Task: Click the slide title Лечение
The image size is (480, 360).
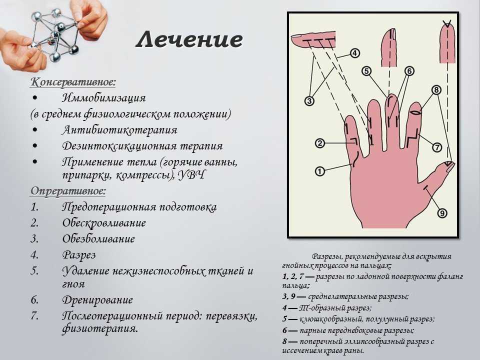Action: click(x=189, y=39)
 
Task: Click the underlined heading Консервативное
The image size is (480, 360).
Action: click(x=73, y=82)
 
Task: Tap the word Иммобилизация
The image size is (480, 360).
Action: click(x=104, y=98)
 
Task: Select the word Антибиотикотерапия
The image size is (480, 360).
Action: click(x=119, y=130)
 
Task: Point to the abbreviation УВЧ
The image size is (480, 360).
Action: click(x=191, y=175)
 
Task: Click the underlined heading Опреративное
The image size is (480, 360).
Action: click(x=68, y=191)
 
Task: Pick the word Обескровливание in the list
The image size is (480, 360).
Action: click(x=104, y=223)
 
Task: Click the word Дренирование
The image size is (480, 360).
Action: click(x=97, y=299)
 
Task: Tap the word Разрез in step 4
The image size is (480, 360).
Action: click(x=79, y=255)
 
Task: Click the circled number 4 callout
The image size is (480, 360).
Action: click(x=354, y=53)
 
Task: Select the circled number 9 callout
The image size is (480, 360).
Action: click(x=442, y=213)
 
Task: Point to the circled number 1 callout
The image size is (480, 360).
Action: click(x=320, y=171)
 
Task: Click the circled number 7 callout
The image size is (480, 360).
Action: click(x=437, y=147)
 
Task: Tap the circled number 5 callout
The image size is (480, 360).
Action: click(x=366, y=71)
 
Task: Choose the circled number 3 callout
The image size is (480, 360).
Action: click(x=309, y=101)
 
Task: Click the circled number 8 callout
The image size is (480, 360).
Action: click(x=436, y=90)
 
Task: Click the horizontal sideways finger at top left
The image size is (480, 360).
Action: click(x=313, y=40)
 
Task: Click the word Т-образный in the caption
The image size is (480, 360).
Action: click(x=331, y=307)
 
